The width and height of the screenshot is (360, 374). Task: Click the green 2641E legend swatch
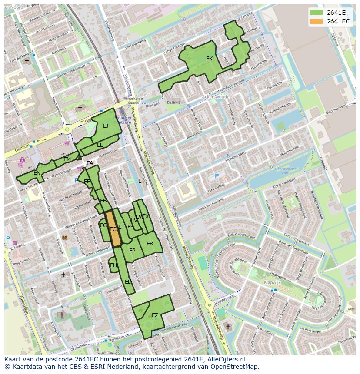tap(316, 13)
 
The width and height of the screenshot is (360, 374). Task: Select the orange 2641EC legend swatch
tap(316, 21)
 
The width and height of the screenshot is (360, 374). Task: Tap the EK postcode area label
tap(209, 59)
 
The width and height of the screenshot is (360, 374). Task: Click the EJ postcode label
tap(106, 126)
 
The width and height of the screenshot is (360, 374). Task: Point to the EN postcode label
tap(37, 173)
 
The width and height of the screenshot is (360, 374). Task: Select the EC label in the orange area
tap(113, 229)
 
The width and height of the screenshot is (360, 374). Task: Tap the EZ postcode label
tap(155, 315)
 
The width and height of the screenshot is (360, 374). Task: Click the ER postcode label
tap(150, 244)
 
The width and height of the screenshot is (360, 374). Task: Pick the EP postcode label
tap(132, 251)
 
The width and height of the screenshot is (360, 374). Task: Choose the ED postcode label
tap(128, 282)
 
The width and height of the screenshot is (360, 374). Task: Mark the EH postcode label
tap(113, 265)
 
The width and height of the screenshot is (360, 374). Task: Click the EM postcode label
tap(67, 159)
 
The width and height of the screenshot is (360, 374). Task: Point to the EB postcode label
tap(103, 201)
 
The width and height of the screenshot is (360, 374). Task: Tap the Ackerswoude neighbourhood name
tap(216, 97)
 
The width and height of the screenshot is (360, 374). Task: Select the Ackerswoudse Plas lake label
tap(285, 170)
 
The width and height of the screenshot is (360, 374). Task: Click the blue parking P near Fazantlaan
tap(217, 176)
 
